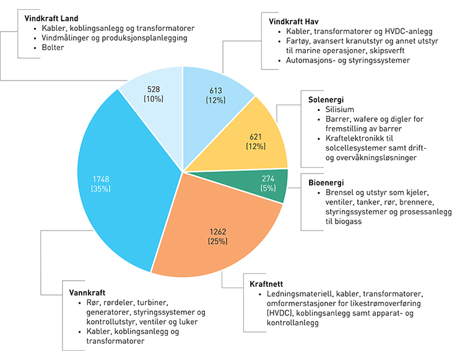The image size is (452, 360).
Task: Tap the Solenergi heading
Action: (x=326, y=100)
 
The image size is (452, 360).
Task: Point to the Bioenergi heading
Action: (x=326, y=183)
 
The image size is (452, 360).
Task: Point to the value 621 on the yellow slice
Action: (x=255, y=136)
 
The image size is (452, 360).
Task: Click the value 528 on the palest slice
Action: (x=153, y=89)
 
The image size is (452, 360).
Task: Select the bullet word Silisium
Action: (x=336, y=110)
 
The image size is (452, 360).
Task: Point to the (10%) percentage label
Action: (x=153, y=99)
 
